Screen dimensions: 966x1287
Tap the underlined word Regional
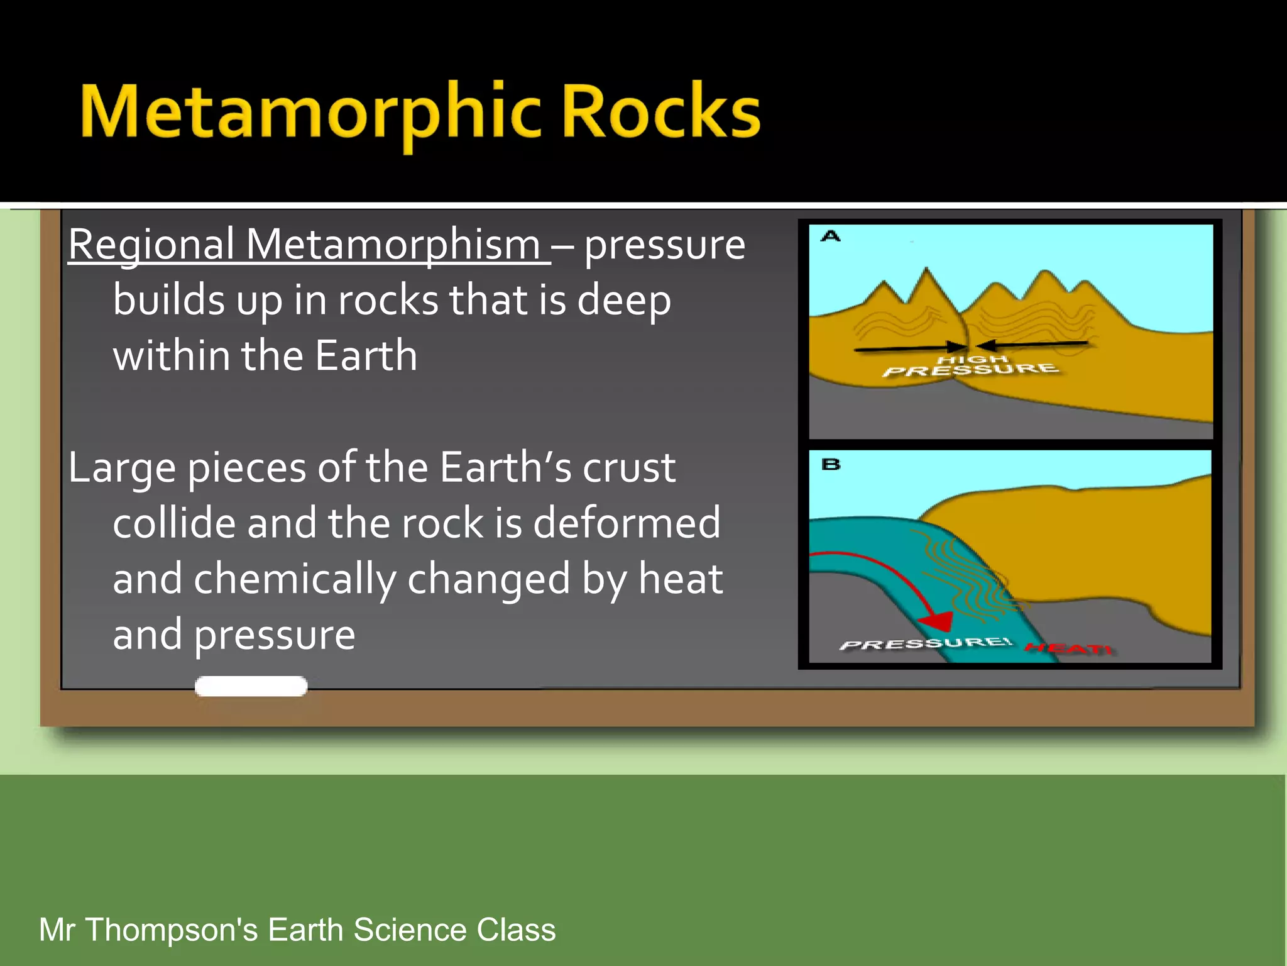[151, 245]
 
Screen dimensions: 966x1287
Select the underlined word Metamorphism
[393, 245]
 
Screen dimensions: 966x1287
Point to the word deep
[624, 301]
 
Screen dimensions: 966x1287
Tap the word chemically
[295, 579]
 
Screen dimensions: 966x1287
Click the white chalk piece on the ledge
[251, 686]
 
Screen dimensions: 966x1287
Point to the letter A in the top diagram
[831, 236]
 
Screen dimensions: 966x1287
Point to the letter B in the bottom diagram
[831, 465]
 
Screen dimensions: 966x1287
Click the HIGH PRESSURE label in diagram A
[971, 365]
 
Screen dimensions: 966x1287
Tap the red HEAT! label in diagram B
[1068, 648]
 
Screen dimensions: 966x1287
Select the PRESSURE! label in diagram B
[926, 643]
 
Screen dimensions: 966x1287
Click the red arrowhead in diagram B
[936, 621]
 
